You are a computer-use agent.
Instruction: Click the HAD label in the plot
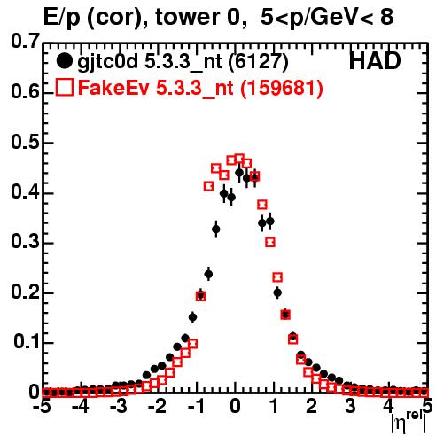(375, 61)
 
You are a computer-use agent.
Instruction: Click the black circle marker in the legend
(64, 61)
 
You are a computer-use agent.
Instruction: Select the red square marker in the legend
(65, 87)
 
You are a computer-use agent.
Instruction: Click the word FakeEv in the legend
(114, 88)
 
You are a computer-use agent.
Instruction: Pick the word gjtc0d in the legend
(108, 63)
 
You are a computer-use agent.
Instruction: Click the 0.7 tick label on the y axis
(26, 41)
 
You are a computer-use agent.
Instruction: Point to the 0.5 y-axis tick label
(26, 143)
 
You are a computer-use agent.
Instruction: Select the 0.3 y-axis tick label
(26, 242)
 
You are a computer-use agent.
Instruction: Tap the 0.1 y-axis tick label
(27, 342)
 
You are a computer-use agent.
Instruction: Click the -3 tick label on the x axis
(118, 406)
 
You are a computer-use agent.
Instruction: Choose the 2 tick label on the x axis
(312, 406)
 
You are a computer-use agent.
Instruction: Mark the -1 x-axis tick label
(196, 406)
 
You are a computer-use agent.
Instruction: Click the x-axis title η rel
(409, 422)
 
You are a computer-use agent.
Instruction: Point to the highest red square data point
(239, 159)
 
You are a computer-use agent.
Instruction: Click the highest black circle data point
(239, 172)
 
